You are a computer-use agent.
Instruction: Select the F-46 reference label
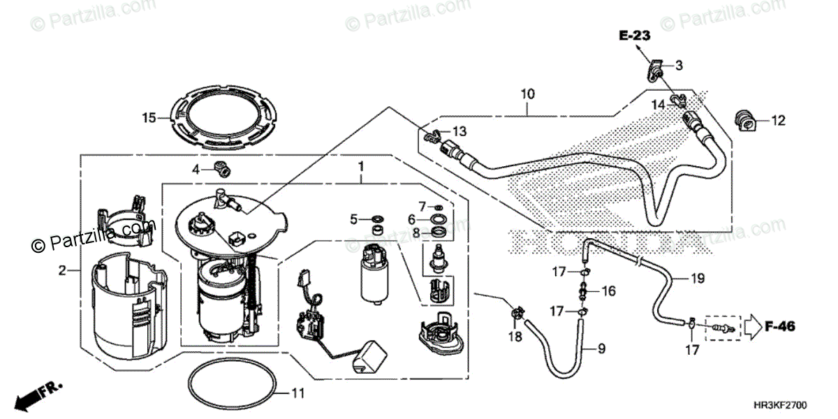coord(780,325)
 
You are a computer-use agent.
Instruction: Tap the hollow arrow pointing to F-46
coord(752,325)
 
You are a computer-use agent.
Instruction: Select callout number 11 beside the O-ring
coord(297,394)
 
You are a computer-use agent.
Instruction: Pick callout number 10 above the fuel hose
coord(527,92)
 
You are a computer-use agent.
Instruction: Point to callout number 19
coord(698,279)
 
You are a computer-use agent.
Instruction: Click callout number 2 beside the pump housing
coord(62,270)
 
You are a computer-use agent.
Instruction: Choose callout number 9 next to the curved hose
coord(601,346)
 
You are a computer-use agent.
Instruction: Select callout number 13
coord(458,131)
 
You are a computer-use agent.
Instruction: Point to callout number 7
coord(422,205)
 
